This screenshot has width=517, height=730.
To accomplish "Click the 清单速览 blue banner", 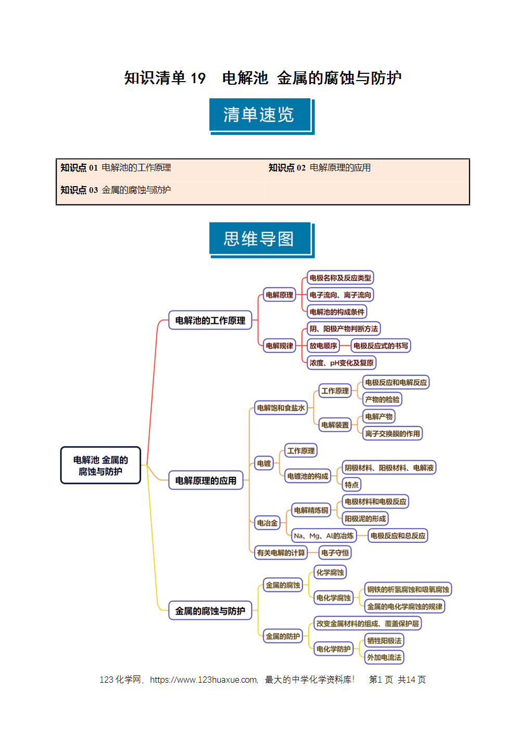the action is (x=262, y=116).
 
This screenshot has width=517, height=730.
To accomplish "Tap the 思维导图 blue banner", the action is (x=262, y=240).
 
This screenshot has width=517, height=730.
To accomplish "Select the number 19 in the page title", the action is (x=198, y=79).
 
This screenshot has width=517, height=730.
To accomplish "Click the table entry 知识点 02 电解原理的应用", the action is (x=320, y=167).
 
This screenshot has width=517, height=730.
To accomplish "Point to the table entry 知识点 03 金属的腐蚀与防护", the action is (x=116, y=190).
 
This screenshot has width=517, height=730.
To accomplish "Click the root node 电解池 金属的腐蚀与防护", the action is (x=100, y=465).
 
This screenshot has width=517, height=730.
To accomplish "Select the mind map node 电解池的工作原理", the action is (x=210, y=320).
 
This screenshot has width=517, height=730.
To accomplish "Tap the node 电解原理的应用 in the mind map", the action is (x=206, y=480).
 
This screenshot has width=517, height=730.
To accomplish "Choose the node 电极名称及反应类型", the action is (x=340, y=278).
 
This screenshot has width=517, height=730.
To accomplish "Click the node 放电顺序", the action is (x=323, y=346).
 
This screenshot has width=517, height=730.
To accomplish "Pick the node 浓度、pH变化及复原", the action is (x=342, y=363).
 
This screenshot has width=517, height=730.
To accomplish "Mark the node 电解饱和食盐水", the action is (x=281, y=408).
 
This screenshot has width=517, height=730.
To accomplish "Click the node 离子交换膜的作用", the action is (x=393, y=434).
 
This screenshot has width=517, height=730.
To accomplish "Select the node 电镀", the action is (x=264, y=463).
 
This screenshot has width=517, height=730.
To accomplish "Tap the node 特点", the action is (x=351, y=485).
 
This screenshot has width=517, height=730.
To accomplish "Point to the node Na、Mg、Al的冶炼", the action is (x=323, y=536).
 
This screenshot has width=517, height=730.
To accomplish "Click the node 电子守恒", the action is (x=335, y=553).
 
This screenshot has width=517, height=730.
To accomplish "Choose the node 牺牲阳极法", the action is (x=384, y=641).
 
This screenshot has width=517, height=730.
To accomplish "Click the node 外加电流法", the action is (x=384, y=658).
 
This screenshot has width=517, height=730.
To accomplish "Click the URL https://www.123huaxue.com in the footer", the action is (x=204, y=680).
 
